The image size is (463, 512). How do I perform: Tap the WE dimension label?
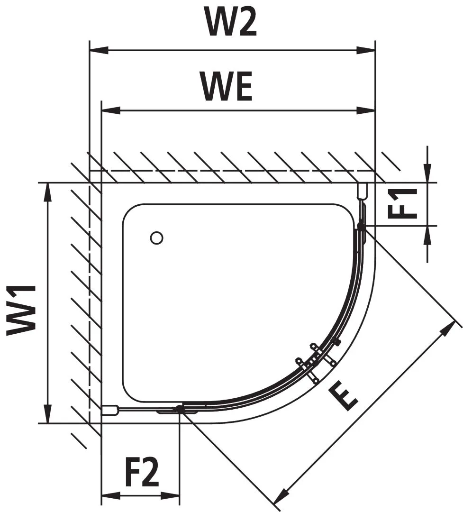(226, 86)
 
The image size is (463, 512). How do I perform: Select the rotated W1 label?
(22, 310)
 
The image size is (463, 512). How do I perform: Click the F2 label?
(142, 472)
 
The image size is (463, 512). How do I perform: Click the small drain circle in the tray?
(156, 238)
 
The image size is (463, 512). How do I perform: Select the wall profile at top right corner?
(363, 191)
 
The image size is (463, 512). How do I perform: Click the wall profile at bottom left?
(110, 410)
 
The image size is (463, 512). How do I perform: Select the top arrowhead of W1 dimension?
(47, 192)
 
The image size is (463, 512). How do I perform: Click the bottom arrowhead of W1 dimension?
(47, 414)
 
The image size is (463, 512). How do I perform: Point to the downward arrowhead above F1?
(427, 174)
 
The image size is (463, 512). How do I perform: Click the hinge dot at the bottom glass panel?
(179, 408)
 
